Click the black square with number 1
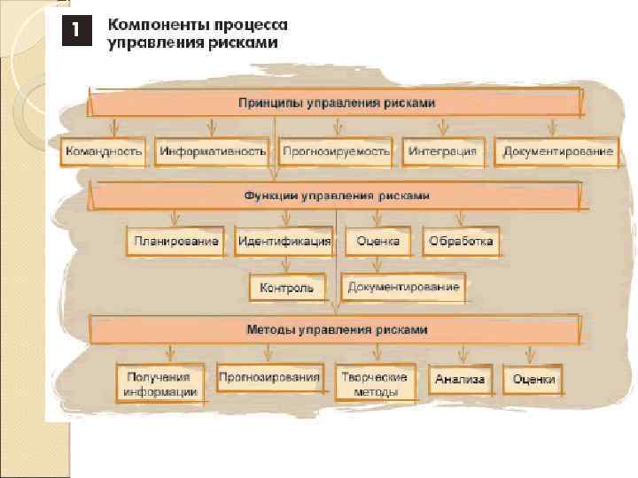[76, 29]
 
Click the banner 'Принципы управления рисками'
[336, 104]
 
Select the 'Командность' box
[103, 151]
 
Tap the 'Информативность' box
[213, 151]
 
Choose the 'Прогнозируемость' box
[336, 151]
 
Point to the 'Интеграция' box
[443, 151]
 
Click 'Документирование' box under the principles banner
[557, 151]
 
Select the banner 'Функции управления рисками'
[336, 195]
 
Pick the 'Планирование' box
[176, 241]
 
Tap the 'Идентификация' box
[284, 241]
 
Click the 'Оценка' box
[378, 241]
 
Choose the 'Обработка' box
[461, 241]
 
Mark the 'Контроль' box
[287, 288]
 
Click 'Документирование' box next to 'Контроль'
[403, 287]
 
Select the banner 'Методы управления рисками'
[336, 329]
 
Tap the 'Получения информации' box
[159, 382]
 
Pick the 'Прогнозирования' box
[269, 378]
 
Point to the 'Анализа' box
[460, 380]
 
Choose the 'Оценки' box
[533, 380]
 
